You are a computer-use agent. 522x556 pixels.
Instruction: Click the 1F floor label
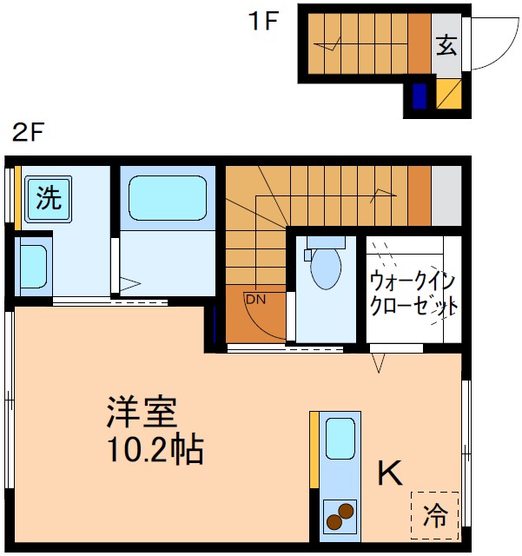click(x=263, y=21)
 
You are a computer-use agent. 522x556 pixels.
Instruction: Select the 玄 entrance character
click(x=446, y=44)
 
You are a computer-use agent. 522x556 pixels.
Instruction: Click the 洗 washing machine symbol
click(x=49, y=198)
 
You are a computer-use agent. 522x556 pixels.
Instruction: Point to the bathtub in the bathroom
click(x=168, y=198)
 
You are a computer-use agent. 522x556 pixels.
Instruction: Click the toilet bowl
click(x=325, y=267)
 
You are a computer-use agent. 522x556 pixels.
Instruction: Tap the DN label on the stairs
click(x=254, y=300)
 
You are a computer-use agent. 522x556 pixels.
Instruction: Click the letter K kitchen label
click(x=389, y=473)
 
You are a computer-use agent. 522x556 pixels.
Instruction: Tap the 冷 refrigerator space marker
click(x=434, y=515)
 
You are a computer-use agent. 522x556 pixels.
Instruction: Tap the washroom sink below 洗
click(x=34, y=266)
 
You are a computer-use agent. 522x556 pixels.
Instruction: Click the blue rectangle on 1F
click(x=420, y=96)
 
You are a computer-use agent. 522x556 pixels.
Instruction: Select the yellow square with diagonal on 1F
click(x=448, y=95)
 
